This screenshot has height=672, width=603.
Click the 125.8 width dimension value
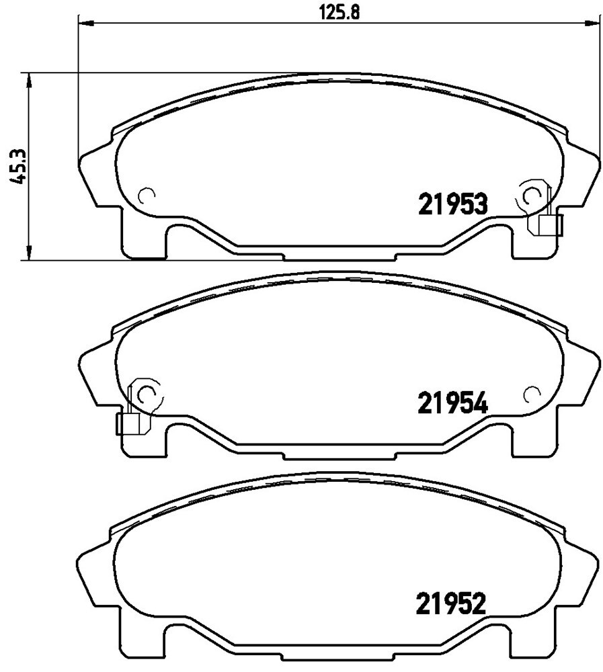point(339,11)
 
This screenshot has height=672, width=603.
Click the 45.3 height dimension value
point(18,167)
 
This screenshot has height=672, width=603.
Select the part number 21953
point(453,204)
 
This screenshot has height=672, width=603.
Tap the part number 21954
point(453,404)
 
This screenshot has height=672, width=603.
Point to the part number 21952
point(451,604)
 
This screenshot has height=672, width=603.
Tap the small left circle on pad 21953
point(147,196)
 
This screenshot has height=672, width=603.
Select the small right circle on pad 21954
point(532,394)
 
